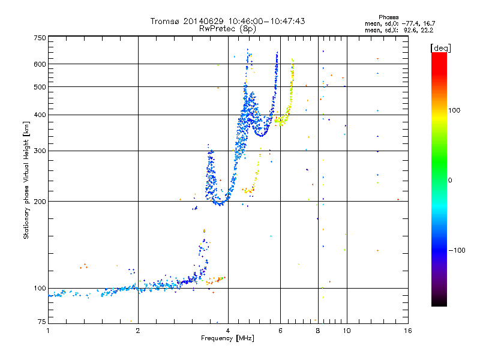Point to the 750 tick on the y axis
click(40, 38)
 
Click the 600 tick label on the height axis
click(40, 64)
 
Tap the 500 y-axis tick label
click(40, 87)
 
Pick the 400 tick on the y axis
click(40, 115)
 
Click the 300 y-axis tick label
click(40, 151)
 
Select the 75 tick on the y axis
click(41, 322)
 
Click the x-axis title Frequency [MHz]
click(228, 338)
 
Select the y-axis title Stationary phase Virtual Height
click(26, 180)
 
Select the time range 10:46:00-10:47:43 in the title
click(268, 21)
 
